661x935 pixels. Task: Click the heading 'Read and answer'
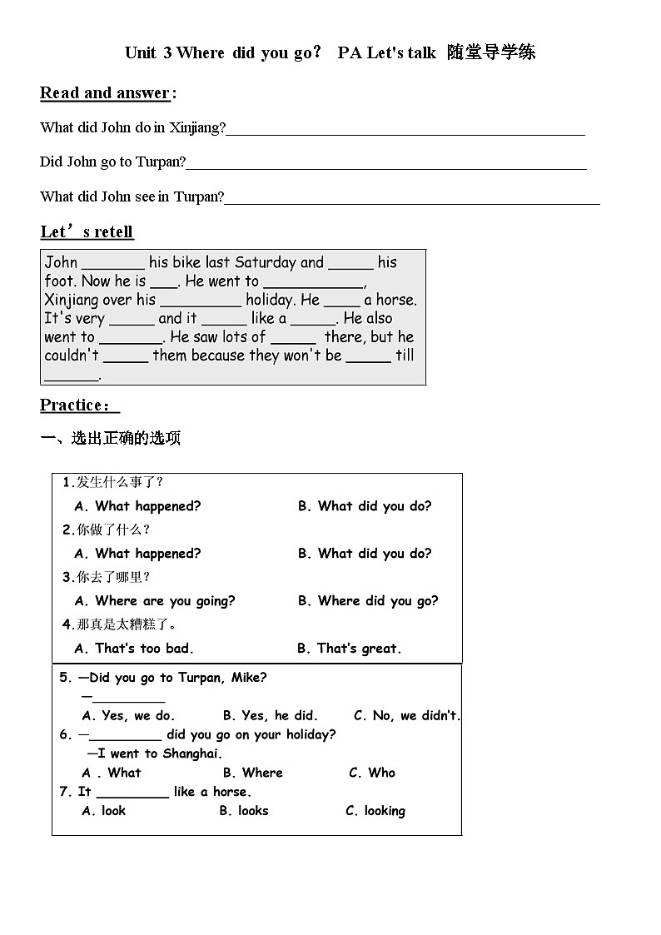105,93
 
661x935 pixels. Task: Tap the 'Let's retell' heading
87,231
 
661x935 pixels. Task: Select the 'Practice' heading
77,405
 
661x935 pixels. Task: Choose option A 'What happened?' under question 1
137,506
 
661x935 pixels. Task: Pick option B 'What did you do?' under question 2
365,554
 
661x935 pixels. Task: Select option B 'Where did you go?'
367,601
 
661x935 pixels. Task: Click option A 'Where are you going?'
155,601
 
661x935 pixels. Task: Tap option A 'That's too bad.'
134,649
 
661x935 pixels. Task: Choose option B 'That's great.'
349,649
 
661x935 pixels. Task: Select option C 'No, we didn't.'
406,715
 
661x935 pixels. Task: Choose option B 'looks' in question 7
244,811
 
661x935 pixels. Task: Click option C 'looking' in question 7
375,811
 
